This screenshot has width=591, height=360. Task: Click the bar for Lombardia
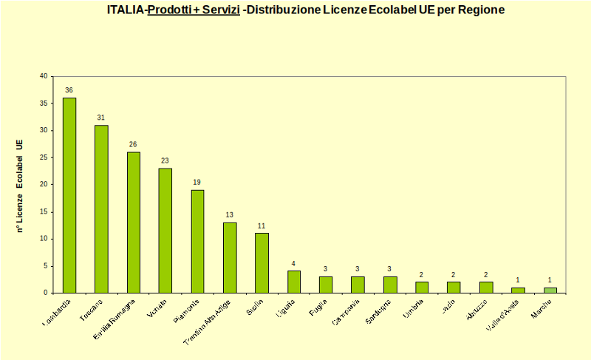tap(69, 195)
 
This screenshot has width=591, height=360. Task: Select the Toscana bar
tap(101, 208)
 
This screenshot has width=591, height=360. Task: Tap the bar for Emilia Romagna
tap(134, 222)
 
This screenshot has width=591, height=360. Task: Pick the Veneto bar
tap(165, 230)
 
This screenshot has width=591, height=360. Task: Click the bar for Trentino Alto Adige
tap(230, 257)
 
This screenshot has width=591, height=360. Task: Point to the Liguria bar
tap(294, 282)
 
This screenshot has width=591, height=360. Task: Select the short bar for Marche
tap(550, 290)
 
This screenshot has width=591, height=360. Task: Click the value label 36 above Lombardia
tap(69, 90)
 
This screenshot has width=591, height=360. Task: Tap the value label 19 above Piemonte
tap(197, 182)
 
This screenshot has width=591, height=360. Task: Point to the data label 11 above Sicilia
tap(262, 225)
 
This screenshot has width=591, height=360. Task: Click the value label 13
tap(230, 214)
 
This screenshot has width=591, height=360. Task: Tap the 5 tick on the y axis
tap(44, 265)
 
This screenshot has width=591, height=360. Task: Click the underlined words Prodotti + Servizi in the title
tap(194, 10)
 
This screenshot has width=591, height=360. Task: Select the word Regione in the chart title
tap(480, 10)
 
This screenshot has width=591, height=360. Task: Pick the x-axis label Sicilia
tap(254, 306)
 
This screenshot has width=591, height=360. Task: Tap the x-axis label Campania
tap(347, 310)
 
